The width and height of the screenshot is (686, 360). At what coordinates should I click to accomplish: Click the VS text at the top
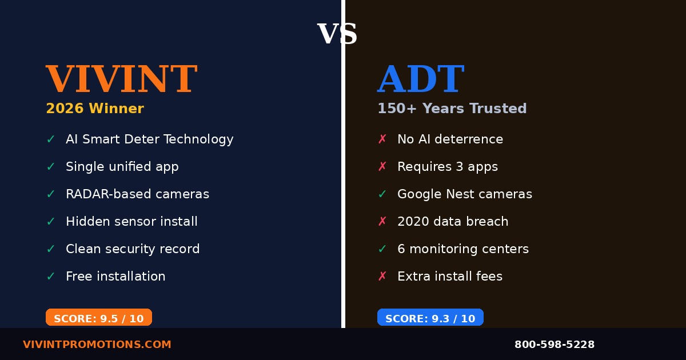[337, 34]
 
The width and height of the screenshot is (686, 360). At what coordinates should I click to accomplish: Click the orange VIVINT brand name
[121, 79]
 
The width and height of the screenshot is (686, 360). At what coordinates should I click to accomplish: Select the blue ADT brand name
[420, 79]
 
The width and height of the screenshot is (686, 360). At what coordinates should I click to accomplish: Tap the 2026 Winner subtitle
[95, 109]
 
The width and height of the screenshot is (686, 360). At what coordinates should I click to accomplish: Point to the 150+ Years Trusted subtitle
[452, 109]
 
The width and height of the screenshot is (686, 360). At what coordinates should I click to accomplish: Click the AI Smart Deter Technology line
[149, 139]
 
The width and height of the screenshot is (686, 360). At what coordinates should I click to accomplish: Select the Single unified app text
[122, 167]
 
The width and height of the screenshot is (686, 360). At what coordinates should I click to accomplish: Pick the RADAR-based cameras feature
[137, 194]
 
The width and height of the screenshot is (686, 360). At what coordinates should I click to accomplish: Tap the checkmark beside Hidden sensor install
[51, 222]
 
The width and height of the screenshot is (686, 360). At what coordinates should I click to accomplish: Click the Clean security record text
[133, 249]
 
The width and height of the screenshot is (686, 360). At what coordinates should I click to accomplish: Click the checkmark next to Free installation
[51, 277]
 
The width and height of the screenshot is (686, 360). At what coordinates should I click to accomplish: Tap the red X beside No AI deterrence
[382, 139]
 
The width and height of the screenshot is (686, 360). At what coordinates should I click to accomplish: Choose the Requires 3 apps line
[447, 167]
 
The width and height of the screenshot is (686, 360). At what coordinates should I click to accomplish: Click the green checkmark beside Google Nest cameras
[382, 194]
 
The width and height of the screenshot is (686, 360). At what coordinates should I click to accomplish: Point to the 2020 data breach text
[452, 222]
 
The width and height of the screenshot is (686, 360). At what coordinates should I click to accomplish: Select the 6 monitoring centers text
[462, 249]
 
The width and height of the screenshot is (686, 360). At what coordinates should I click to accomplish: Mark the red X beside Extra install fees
[382, 277]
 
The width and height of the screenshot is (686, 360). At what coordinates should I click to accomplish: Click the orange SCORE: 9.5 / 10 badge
[99, 318]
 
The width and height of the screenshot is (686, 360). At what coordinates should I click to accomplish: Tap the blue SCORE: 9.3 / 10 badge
[430, 318]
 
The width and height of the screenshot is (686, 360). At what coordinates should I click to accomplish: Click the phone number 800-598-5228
[554, 345]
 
